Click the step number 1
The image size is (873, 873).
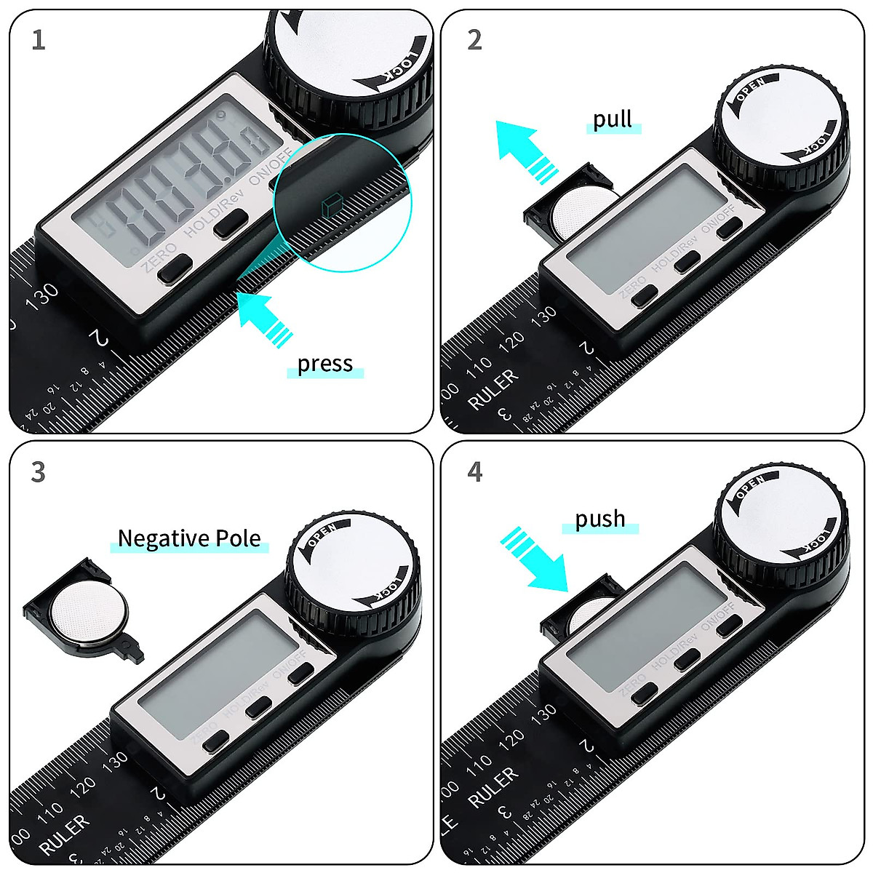pyautogui.click(x=39, y=40)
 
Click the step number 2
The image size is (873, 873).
pyautogui.click(x=475, y=40)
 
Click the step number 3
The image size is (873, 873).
pyautogui.click(x=39, y=472)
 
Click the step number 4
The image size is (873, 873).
pyautogui.click(x=475, y=472)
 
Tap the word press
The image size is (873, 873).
pyautogui.click(x=324, y=364)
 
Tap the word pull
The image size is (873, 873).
pyautogui.click(x=613, y=119)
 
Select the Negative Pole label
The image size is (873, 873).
pyautogui.click(x=189, y=539)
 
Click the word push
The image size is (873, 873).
pyautogui.click(x=600, y=519)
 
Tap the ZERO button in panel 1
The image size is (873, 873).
pyautogui.click(x=175, y=270)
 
